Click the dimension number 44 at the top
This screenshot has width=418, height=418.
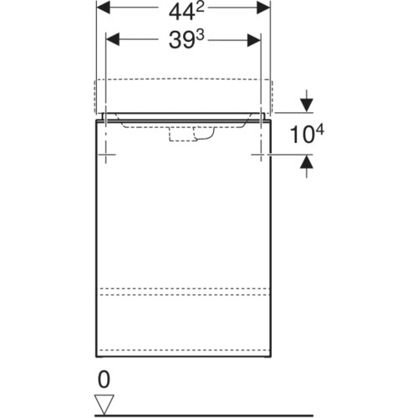181,13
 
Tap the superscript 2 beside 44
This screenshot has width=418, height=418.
200,8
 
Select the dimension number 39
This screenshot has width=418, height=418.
181,40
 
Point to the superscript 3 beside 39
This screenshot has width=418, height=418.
200,35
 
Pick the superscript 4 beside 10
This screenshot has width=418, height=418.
320,130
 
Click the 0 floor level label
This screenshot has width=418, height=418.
104,380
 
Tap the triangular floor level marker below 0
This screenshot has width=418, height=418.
104,405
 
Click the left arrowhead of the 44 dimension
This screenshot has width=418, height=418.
103,8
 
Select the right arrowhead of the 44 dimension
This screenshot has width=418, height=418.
263,8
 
